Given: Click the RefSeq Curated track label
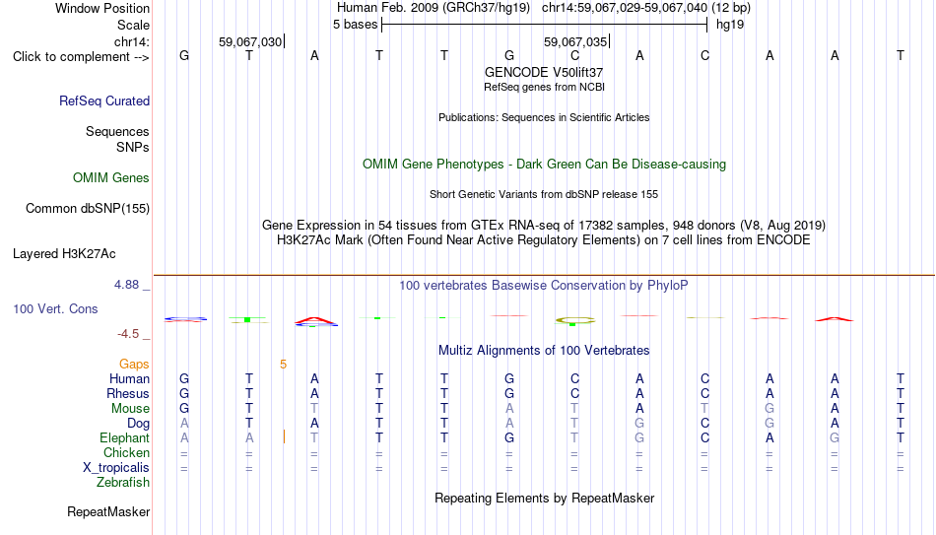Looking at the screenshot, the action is tap(104, 100).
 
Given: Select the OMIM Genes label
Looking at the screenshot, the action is tap(111, 178).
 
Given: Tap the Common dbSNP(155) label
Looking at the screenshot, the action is tap(88, 209).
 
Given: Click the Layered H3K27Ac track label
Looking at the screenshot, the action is tap(64, 254).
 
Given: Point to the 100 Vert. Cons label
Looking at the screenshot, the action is tap(55, 308).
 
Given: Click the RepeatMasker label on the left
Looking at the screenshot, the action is tap(108, 511).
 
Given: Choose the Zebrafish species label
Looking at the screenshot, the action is tap(123, 482).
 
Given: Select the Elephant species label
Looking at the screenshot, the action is tap(125, 437).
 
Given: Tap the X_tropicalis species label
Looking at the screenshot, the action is tap(116, 468).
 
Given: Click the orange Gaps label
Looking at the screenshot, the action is tap(134, 365).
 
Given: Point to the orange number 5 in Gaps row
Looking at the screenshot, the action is tap(283, 365).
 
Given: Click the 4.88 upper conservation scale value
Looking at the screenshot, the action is tap(126, 285).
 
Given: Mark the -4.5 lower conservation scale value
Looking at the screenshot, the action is tap(128, 334).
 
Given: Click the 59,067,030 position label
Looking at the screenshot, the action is tap(250, 41).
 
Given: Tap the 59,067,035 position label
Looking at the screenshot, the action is tap(574, 41).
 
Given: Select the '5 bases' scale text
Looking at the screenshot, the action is tap(355, 25).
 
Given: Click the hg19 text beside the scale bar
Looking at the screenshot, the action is tap(730, 25).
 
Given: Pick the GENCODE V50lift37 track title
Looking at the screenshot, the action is tap(544, 72).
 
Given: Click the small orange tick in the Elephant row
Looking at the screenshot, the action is tap(284, 437).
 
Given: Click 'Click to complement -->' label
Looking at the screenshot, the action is tap(81, 57).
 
